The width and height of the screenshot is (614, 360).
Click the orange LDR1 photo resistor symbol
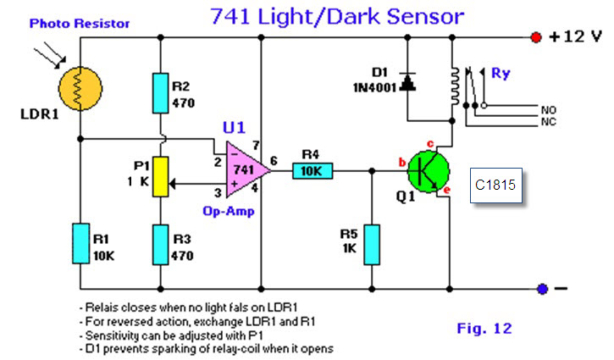[80, 89]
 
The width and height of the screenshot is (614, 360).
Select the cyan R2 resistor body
[161, 93]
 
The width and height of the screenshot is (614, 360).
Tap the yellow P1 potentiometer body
[161, 177]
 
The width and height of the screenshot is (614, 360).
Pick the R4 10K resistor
[313, 171]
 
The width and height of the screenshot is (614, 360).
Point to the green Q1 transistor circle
[429, 172]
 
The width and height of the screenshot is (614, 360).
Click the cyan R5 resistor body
[372, 245]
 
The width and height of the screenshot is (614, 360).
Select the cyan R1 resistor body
[80, 243]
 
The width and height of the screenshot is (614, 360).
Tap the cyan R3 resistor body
[161, 245]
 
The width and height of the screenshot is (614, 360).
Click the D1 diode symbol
[407, 82]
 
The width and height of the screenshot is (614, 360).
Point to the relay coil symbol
[454, 86]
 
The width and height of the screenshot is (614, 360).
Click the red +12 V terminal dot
[536, 37]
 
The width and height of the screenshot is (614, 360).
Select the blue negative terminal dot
[542, 289]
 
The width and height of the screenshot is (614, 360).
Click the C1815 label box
[495, 186]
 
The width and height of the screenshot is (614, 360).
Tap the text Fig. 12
[484, 329]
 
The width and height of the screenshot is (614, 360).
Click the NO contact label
[548, 110]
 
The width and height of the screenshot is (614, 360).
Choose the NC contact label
[548, 122]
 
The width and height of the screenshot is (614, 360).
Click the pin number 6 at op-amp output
[274, 161]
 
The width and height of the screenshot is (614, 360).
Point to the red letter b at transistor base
[401, 162]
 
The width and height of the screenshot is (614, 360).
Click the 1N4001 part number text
[374, 88]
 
